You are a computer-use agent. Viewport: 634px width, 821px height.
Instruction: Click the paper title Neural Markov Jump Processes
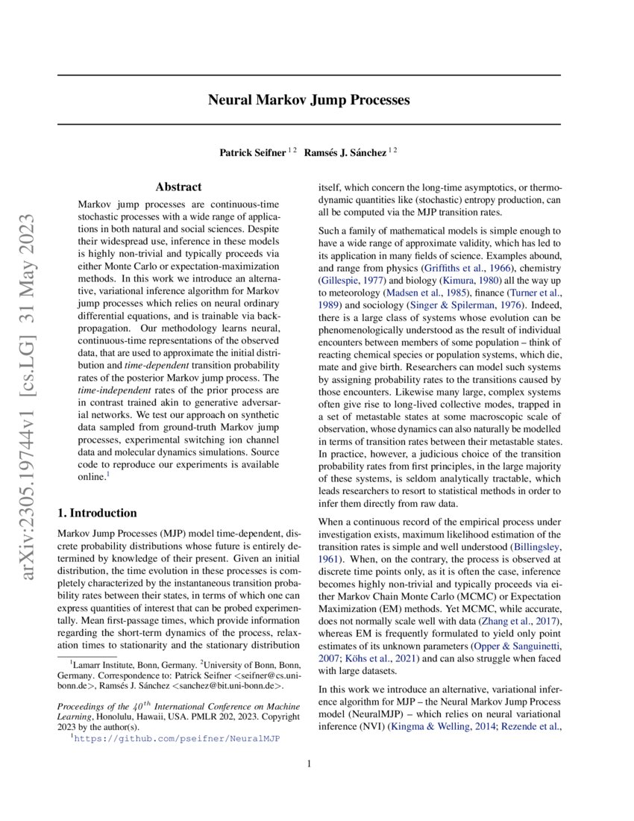click(308, 99)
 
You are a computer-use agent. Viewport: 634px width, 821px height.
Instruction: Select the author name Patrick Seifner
click(252, 152)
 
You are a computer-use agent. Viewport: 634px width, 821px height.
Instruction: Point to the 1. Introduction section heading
click(97, 513)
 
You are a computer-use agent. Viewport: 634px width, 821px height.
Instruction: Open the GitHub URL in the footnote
click(178, 738)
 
